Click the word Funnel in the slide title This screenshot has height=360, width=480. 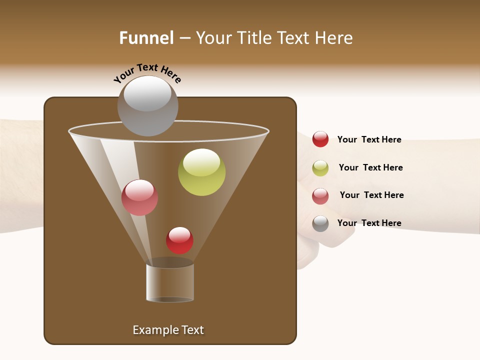click(146, 38)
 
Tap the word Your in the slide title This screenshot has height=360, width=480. click(214, 38)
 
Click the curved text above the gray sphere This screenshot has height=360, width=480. click(147, 73)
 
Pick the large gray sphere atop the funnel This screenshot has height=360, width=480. click(148, 106)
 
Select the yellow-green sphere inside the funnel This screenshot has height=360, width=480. click(201, 172)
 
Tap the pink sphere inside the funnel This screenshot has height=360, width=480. click(139, 197)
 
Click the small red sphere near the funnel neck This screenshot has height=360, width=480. click(179, 240)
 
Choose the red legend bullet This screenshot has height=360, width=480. click(320, 139)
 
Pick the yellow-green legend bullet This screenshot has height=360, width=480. click(320, 168)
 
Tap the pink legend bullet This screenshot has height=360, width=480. click(320, 196)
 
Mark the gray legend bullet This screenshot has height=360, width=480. click(320, 223)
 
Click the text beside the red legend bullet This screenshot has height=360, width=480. click(369, 139)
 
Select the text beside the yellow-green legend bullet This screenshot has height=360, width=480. click(370, 167)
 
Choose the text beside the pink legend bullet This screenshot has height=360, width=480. click(371, 195)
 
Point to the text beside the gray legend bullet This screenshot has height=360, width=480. click(369, 223)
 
